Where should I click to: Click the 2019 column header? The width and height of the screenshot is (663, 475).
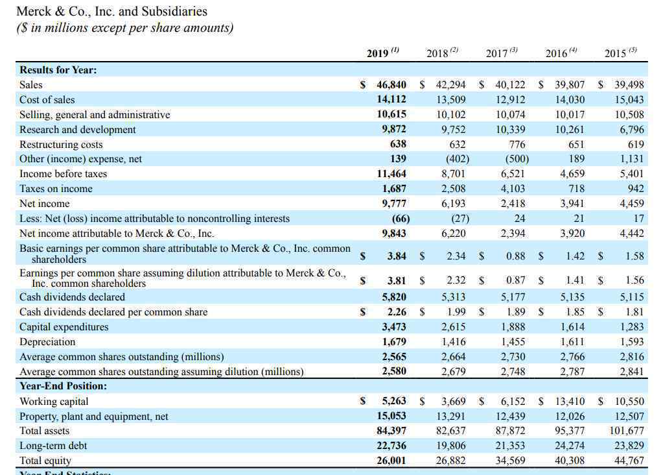382,53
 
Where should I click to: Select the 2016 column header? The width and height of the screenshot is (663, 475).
561,53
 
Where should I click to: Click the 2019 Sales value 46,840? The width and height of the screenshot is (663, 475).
391,84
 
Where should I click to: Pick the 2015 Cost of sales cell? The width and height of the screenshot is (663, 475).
629,99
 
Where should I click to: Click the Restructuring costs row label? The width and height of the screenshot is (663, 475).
61,144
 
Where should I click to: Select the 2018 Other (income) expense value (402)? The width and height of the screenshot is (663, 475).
458,159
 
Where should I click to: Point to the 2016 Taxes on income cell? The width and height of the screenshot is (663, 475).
576,188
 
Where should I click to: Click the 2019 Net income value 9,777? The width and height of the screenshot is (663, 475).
394,204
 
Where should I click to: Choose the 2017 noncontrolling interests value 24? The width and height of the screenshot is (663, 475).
520,219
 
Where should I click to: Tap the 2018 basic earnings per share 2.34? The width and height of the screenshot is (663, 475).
456,256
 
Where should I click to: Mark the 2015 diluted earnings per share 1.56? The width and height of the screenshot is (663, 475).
634,280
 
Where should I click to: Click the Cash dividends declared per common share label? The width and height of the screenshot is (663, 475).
113,312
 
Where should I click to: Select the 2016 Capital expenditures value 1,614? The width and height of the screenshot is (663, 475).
572,327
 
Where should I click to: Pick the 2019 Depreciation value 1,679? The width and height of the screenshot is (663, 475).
394,341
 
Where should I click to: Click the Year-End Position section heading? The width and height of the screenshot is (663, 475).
63,386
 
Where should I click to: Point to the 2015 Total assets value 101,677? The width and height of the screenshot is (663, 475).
627,431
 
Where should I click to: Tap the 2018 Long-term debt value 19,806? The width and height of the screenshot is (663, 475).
450,446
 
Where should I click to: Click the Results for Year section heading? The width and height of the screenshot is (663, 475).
58,70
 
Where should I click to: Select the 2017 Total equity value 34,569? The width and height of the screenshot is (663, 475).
510,461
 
